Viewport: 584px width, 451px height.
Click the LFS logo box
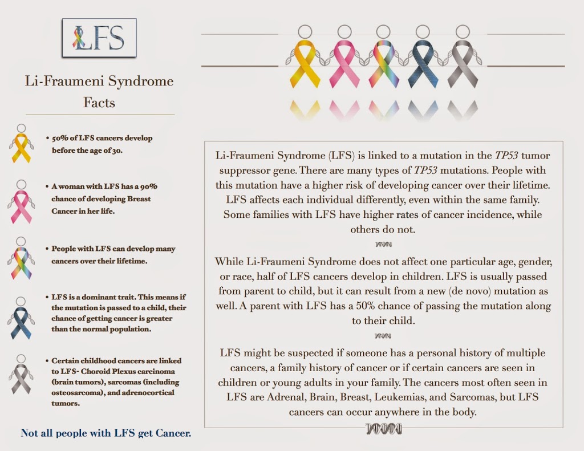point(99,38)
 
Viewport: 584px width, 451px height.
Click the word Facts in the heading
point(99,103)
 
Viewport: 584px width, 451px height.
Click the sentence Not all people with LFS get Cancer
point(106,433)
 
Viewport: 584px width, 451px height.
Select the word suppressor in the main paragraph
point(242,170)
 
